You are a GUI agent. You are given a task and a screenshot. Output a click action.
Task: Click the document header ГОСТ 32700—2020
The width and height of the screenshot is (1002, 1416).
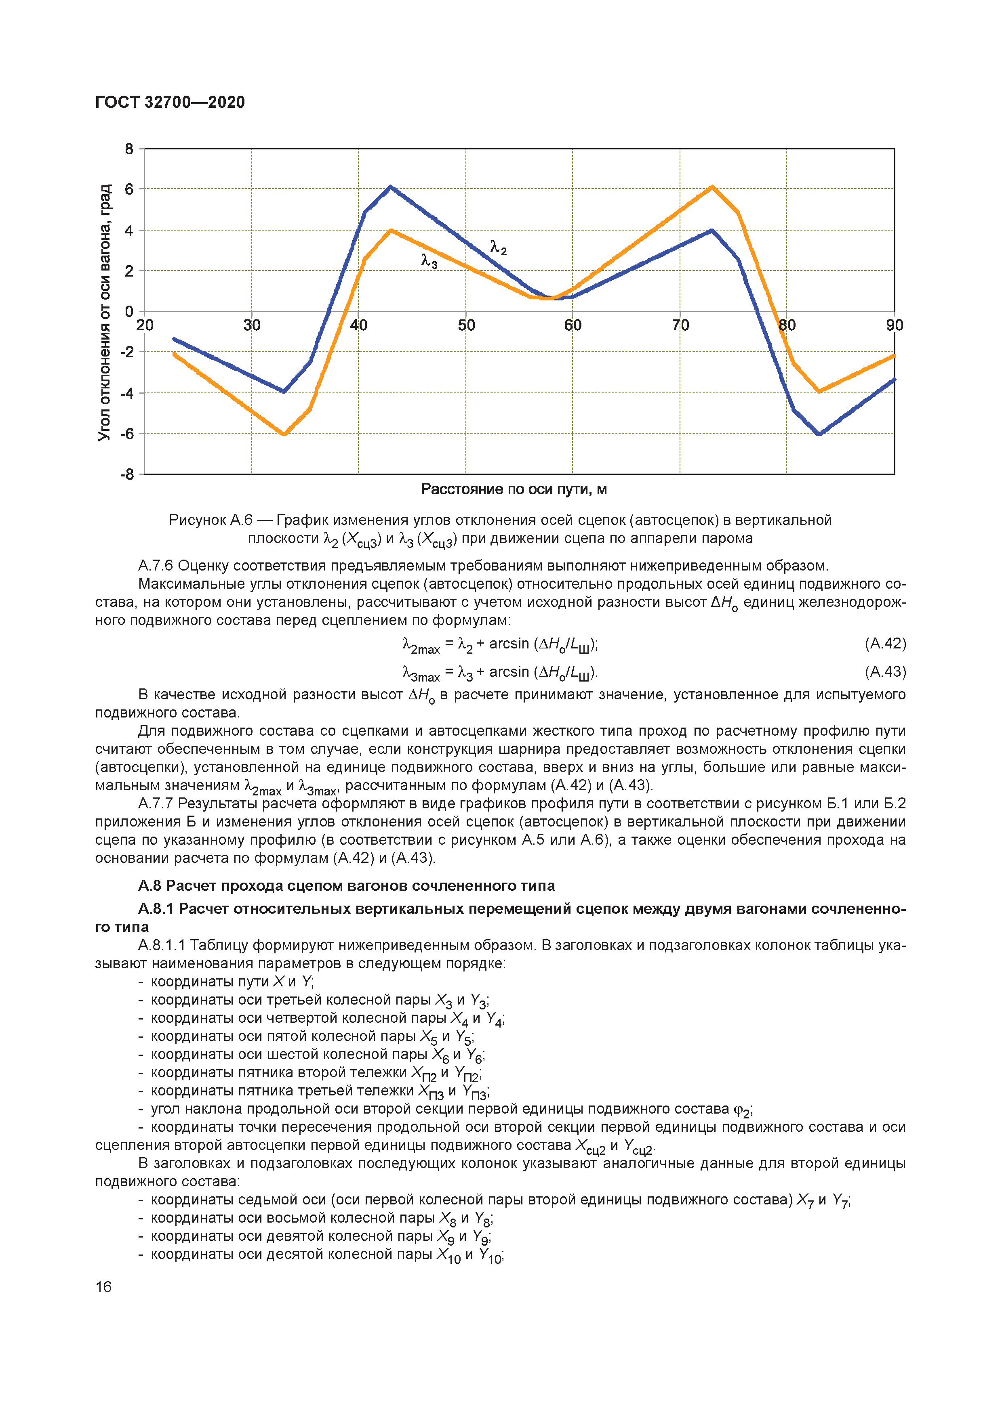point(170,103)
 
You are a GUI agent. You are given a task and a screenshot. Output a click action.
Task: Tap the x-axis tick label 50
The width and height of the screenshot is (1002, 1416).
point(466,325)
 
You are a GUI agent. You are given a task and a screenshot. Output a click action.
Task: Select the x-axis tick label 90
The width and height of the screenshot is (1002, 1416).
point(894,325)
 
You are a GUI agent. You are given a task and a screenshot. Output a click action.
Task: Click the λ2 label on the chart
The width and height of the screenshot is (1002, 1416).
point(498,248)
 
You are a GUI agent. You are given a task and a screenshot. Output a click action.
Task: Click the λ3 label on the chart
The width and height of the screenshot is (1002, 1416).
point(429,262)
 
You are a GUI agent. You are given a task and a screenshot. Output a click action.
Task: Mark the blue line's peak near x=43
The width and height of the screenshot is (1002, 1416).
point(391,187)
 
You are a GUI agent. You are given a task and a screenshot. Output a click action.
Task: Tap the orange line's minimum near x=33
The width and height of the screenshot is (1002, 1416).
point(284,434)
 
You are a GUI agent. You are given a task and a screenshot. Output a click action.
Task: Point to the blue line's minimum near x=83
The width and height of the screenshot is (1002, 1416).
point(819,434)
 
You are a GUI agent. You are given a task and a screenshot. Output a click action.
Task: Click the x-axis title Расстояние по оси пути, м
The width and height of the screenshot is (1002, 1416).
point(514,489)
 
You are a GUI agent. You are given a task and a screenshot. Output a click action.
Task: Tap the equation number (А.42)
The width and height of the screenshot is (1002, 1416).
point(885,644)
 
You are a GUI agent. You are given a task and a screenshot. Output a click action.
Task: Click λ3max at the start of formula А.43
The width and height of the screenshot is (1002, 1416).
point(420,673)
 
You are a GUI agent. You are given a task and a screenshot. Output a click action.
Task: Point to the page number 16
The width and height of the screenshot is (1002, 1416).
point(104,1286)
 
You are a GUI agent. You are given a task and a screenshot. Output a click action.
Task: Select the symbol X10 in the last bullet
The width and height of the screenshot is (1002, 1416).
point(448,1256)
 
